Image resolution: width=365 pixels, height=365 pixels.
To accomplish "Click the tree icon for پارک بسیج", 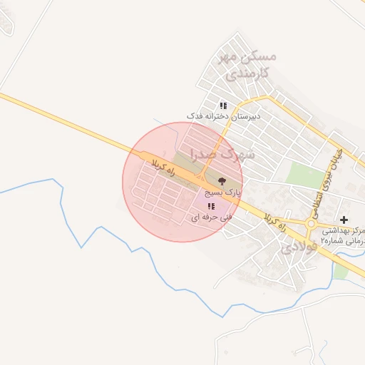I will coord(222,181).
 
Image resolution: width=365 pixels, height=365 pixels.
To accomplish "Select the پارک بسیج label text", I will coord(223,192).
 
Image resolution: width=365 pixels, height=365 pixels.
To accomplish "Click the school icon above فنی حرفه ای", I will coord(210,206).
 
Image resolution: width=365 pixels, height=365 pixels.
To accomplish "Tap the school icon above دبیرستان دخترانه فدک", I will coord(223,106).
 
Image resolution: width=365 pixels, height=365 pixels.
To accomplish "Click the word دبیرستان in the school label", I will coord(245,115).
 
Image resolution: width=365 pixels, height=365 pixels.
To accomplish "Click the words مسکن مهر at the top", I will coord(250,56).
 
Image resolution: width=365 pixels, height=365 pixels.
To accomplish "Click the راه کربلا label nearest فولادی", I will coord(275,222).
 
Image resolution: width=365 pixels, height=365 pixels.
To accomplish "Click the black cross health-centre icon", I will coord(344,220).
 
